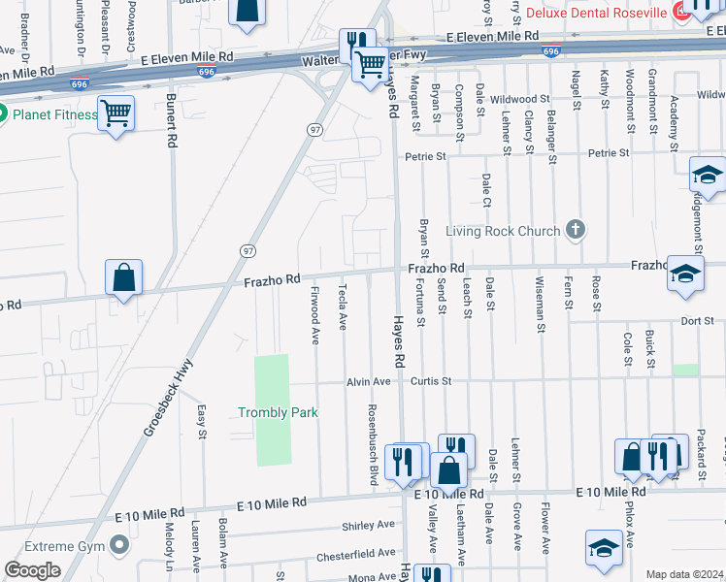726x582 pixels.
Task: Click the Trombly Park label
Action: click(278, 412)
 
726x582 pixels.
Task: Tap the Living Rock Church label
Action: click(503, 231)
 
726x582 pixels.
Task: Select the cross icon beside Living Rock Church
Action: click(576, 230)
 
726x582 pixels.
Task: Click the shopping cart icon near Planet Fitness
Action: click(115, 114)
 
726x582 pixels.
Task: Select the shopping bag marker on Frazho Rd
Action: click(124, 278)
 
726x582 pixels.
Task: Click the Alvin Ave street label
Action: click(369, 382)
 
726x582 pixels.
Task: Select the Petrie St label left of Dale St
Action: click(426, 155)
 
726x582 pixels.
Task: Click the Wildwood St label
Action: click(519, 99)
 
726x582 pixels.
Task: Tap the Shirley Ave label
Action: click(368, 525)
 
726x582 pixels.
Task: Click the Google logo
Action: click(32, 570)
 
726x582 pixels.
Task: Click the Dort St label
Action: click(697, 321)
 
